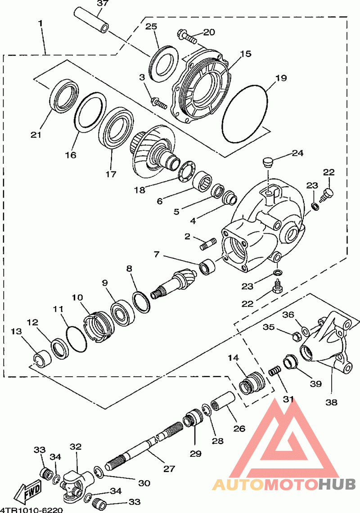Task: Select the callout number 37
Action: click(103, 4)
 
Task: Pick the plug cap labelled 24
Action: click(268, 162)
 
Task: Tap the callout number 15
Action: click(245, 54)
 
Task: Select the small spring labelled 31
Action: click(275, 372)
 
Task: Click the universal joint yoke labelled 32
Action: click(75, 481)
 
